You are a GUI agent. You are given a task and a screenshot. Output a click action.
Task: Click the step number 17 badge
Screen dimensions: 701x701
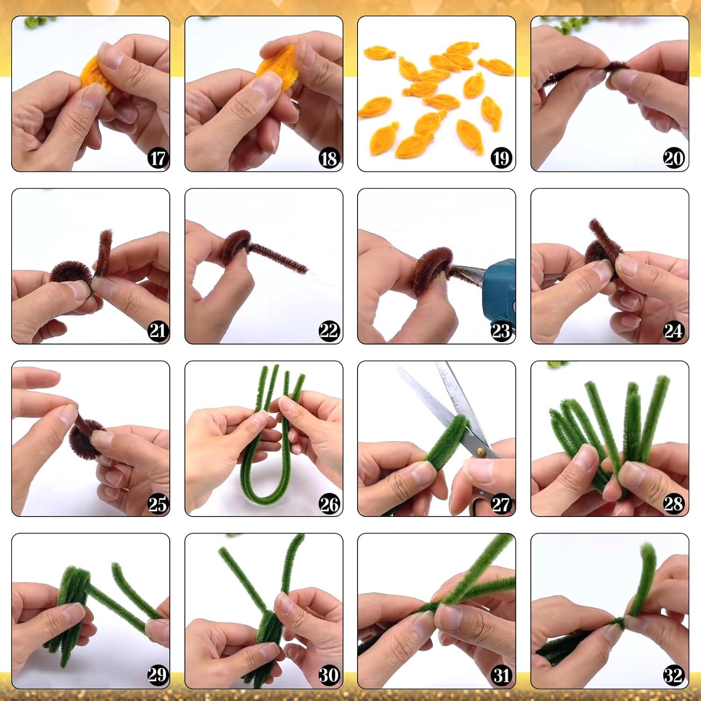pyautogui.click(x=157, y=159)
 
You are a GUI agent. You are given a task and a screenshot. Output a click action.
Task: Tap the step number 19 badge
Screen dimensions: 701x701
pyautogui.click(x=501, y=159)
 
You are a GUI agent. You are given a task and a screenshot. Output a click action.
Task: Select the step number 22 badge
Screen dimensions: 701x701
pyautogui.click(x=329, y=331)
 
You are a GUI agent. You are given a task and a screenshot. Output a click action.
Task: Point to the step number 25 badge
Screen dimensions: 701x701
pyautogui.click(x=157, y=504)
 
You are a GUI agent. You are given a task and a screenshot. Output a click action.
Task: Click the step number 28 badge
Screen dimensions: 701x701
pyautogui.click(x=673, y=504)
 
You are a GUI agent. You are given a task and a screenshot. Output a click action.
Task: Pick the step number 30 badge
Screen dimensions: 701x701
pyautogui.click(x=329, y=675)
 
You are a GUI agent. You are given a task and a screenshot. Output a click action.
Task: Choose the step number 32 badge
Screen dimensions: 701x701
pyautogui.click(x=673, y=675)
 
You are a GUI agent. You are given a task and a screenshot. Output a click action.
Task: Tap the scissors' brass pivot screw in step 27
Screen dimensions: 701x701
pyautogui.click(x=481, y=452)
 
